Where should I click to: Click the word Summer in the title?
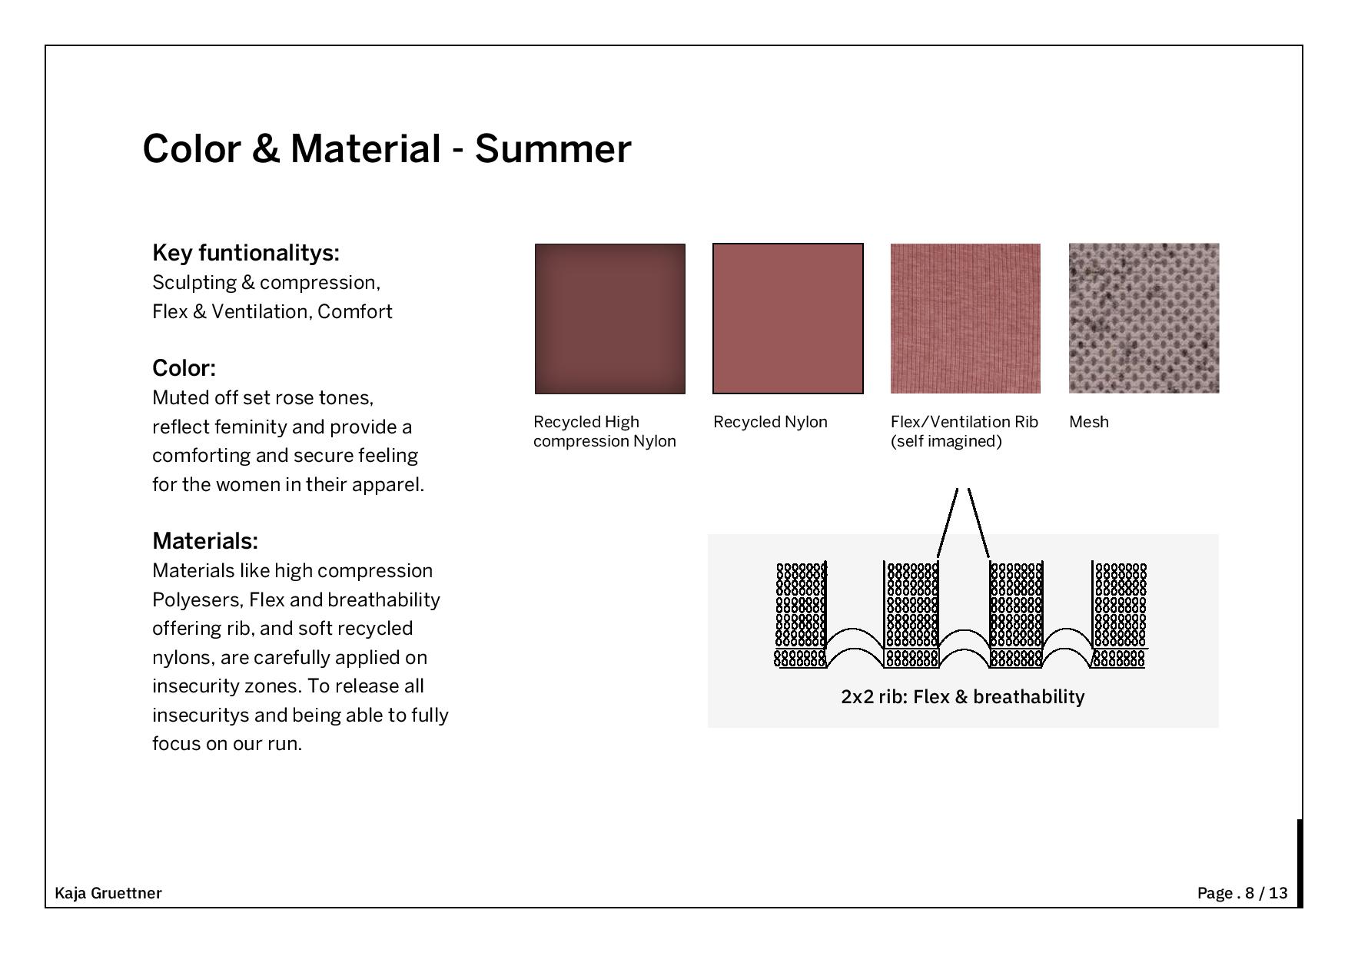pos(553,148)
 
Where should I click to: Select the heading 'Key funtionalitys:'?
pos(246,253)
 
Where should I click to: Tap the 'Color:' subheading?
pos(184,368)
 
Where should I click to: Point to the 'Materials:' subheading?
pos(205,541)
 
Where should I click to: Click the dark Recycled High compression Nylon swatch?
pos(610,319)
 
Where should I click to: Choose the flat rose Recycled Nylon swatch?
pos(788,319)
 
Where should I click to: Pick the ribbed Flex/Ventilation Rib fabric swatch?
pos(965,319)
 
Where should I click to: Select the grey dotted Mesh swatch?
pos(1144,318)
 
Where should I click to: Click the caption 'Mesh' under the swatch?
pos(1089,422)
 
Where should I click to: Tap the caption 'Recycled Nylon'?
pos(770,422)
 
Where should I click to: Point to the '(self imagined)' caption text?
pos(946,441)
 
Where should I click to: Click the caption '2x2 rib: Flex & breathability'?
pos(963,697)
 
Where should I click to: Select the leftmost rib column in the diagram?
pos(801,614)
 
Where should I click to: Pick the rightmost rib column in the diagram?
pos(1119,614)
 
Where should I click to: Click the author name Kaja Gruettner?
pos(108,893)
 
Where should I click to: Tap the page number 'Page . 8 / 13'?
pos(1242,893)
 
